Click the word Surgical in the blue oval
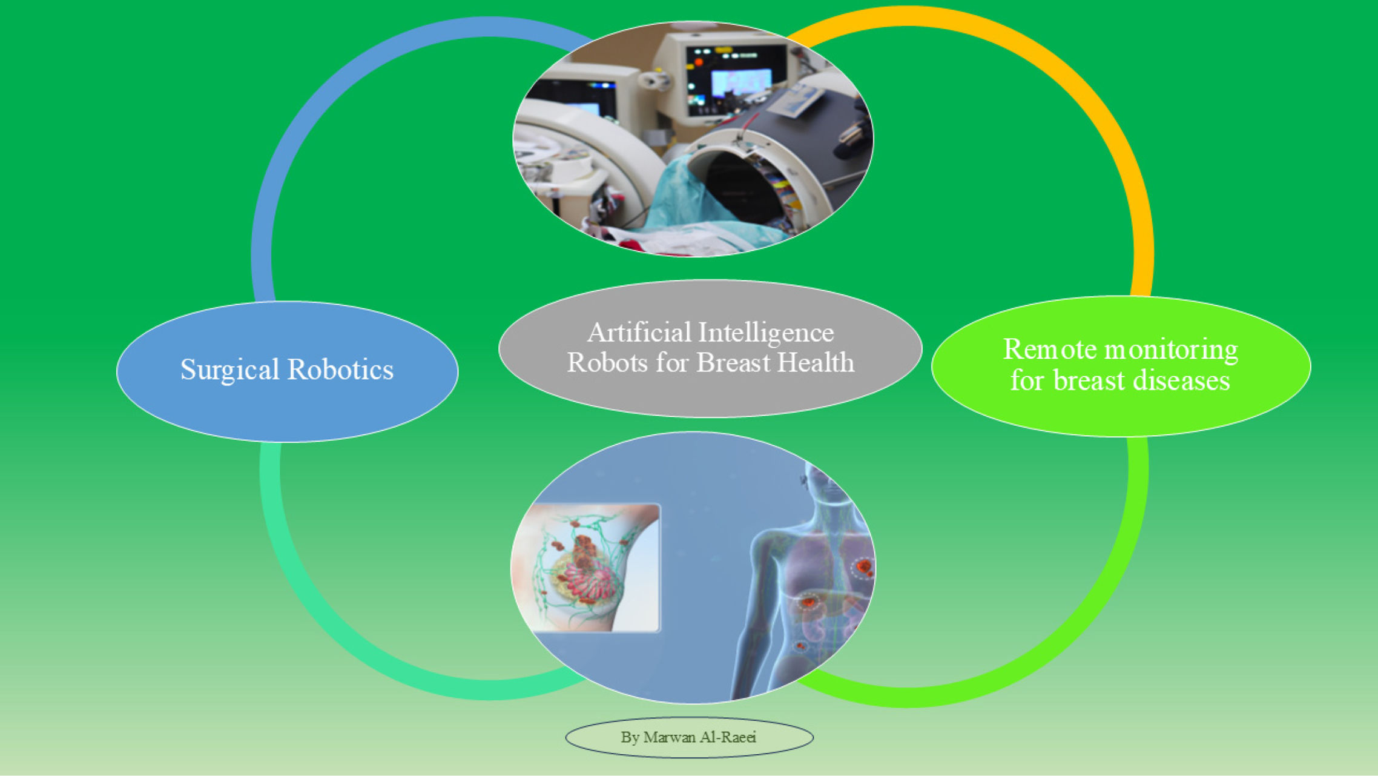tap(229, 370)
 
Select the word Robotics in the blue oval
tap(340, 370)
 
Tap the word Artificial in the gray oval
tap(639, 333)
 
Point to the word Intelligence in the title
tap(766, 333)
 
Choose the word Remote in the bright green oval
tap(1049, 349)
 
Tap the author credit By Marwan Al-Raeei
tap(688, 737)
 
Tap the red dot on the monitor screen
tap(699, 62)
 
